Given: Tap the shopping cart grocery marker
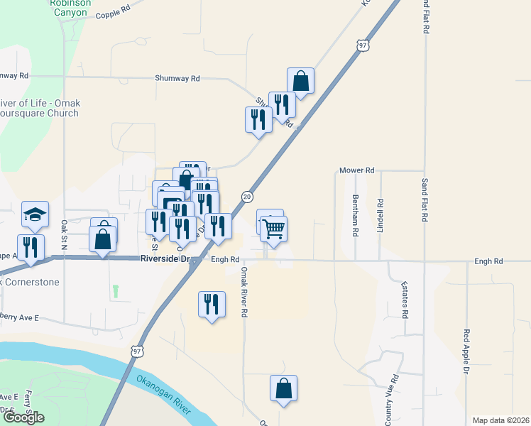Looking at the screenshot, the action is [x=273, y=230].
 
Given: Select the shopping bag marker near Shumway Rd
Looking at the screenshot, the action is [x=301, y=82].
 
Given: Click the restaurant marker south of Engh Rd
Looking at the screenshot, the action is [x=211, y=305].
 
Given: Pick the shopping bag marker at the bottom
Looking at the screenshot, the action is [x=283, y=388].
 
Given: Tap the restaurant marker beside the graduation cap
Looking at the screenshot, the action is [x=31, y=247].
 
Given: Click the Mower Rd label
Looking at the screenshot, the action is [x=356, y=170].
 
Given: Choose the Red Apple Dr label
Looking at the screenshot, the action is [x=466, y=351].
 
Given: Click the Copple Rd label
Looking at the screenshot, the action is [x=113, y=14].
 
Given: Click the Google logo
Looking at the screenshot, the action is [x=23, y=417].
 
